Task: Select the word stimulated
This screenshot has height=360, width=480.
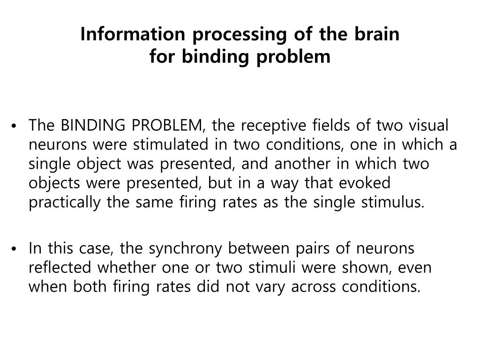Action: [x=170, y=145]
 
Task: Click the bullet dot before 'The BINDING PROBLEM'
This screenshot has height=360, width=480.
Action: [x=16, y=127]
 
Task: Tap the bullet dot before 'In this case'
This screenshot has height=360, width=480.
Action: [x=16, y=248]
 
